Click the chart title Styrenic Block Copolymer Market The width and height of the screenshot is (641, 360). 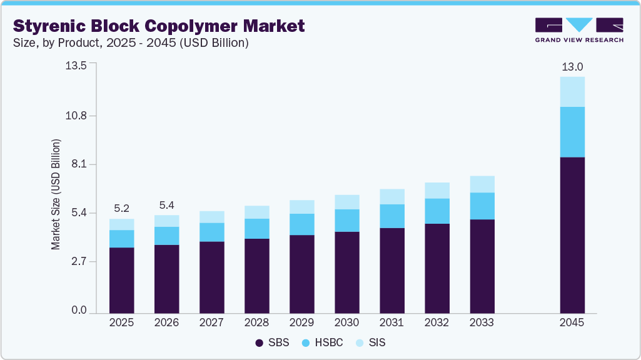coord(159,26)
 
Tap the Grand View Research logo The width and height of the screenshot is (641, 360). coord(579,29)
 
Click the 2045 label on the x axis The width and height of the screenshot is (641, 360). coord(572,322)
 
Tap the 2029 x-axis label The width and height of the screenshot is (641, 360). coord(301,322)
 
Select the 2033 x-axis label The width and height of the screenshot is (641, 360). coord(482,322)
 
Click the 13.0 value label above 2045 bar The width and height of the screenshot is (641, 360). coord(572,66)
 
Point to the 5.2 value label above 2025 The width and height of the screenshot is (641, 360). coord(121,208)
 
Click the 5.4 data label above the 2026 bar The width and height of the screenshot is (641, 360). coord(166,204)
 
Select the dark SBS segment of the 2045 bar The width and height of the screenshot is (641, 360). coord(572,234)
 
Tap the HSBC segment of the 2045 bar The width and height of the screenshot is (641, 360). coord(572,132)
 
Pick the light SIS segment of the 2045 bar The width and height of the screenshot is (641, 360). coord(572,92)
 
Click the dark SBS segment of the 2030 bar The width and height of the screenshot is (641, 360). coord(346,272)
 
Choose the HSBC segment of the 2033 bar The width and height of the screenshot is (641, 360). coord(482,206)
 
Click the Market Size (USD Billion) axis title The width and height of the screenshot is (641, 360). coord(56,194)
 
